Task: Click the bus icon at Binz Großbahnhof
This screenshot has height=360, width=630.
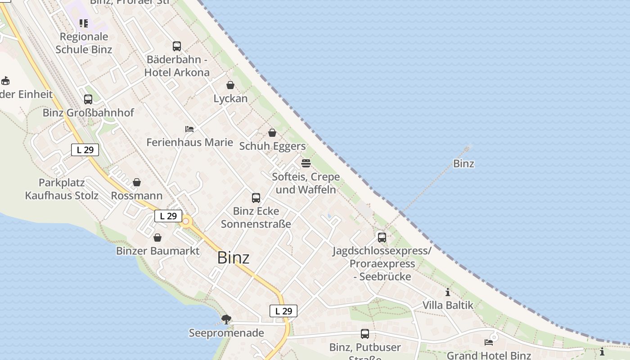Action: pyautogui.click(x=88, y=99)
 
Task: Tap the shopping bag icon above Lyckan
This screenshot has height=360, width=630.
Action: pyautogui.click(x=230, y=85)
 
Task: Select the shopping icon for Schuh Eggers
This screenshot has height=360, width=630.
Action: pyautogui.click(x=272, y=133)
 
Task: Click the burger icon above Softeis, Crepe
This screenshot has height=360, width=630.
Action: pyautogui.click(x=306, y=163)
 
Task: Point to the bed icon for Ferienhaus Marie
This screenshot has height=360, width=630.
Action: pyautogui.click(x=189, y=129)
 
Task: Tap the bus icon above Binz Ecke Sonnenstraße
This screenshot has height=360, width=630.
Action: pyautogui.click(x=256, y=198)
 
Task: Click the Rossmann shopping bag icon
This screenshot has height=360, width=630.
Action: pyautogui.click(x=137, y=182)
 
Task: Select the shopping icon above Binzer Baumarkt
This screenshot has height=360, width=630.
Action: pyautogui.click(x=157, y=237)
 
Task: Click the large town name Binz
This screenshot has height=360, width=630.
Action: pyautogui.click(x=233, y=257)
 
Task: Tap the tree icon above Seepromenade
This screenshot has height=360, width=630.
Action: pyautogui.click(x=226, y=319)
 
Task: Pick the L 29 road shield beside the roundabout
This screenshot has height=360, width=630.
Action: pyautogui.click(x=168, y=216)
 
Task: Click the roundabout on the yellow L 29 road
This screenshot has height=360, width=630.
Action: pyautogui.click(x=186, y=221)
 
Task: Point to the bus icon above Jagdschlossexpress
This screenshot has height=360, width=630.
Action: pyautogui.click(x=382, y=237)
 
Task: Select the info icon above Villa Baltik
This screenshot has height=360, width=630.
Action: pyautogui.click(x=448, y=292)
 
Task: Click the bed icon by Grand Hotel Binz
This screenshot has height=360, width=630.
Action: pyautogui.click(x=489, y=342)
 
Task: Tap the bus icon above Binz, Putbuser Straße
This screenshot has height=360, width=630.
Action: pyautogui.click(x=365, y=334)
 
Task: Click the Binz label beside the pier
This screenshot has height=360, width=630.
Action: pyautogui.click(x=463, y=163)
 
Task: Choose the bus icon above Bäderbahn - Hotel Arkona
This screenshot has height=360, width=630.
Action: pyautogui.click(x=177, y=46)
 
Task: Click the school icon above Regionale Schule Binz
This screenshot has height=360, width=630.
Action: pyautogui.click(x=84, y=23)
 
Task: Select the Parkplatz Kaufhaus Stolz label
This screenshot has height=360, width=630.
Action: pyautogui.click(x=62, y=189)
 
